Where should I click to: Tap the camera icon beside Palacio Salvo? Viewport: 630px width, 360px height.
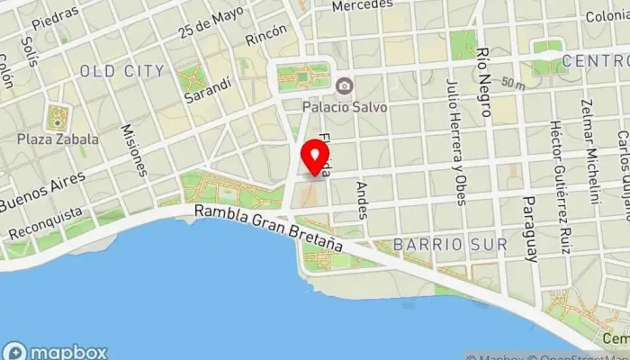pos(343,86)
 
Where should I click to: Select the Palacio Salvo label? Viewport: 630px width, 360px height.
pos(345,106)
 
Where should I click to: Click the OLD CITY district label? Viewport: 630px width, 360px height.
pos(122,71)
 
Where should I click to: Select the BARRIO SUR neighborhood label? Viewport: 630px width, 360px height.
pos(450,244)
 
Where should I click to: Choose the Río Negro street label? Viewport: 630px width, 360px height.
pos(485,83)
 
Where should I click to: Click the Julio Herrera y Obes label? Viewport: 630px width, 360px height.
pos(454,142)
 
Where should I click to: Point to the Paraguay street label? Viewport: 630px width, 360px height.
pos(530,225)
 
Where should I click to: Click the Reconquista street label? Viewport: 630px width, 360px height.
pos(44,224)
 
